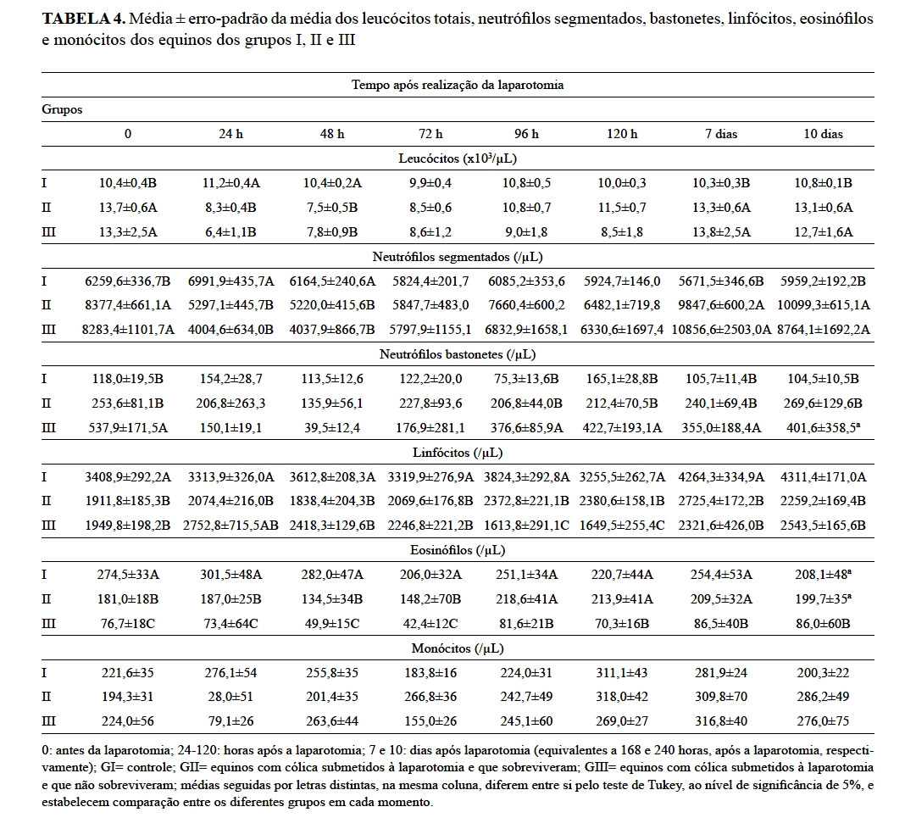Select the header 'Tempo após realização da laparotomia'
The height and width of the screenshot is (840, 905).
(x=458, y=85)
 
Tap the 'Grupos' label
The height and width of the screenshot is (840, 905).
(x=62, y=109)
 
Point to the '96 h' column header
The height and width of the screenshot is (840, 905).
(x=526, y=134)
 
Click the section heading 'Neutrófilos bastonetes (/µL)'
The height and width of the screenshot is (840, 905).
(x=458, y=353)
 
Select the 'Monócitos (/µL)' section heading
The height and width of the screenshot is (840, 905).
(x=458, y=648)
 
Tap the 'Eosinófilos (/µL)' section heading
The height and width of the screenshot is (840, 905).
(x=458, y=550)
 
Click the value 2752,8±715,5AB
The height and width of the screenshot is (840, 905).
(x=230, y=526)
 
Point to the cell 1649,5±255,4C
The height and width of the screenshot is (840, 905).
(x=622, y=526)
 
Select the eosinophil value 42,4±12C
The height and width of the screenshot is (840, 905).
(x=430, y=624)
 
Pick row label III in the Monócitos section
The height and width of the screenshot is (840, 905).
(x=49, y=722)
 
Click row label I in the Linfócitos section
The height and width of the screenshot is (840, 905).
(x=44, y=476)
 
